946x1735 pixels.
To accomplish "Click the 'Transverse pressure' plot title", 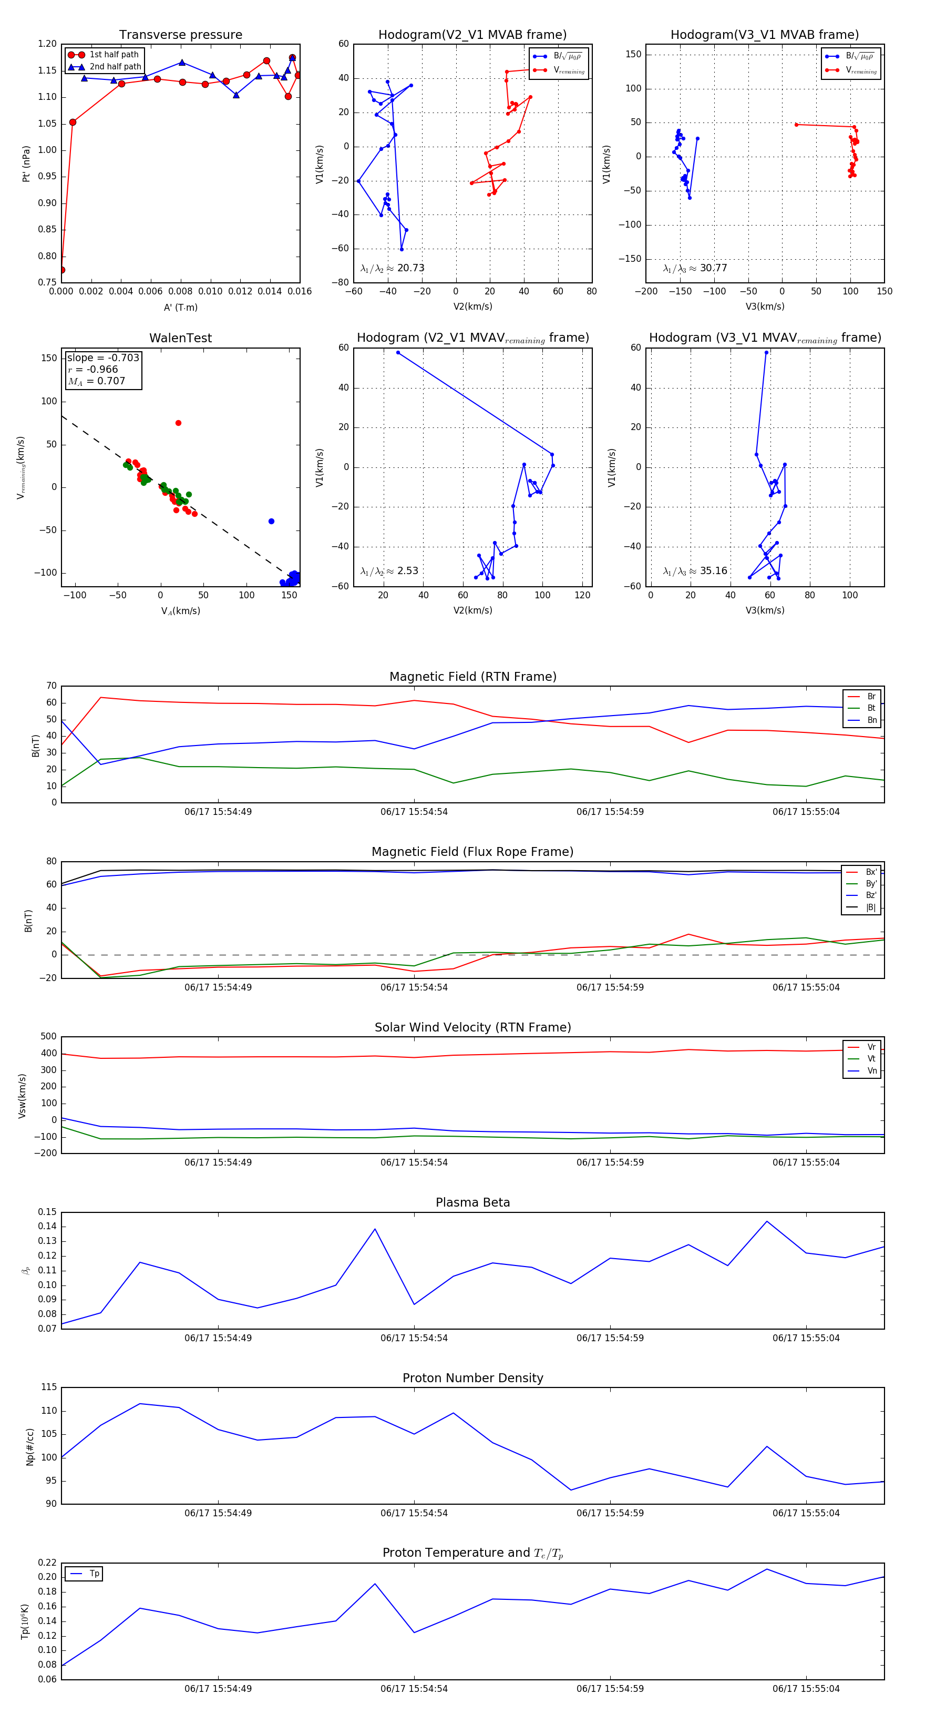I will click(180, 35).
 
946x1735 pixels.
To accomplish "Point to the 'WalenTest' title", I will click(180, 338).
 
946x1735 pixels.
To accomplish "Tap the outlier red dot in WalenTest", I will click(179, 423).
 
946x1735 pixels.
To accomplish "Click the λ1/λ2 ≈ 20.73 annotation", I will click(393, 268).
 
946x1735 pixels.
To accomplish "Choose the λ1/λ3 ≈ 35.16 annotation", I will click(695, 571).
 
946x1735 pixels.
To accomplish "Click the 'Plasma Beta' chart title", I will click(472, 1202).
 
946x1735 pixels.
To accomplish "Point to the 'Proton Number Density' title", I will click(472, 1377).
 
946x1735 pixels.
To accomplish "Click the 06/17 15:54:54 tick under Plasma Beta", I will click(414, 1338).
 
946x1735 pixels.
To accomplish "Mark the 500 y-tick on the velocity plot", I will click(48, 1037).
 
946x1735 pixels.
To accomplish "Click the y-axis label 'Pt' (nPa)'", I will click(26, 164).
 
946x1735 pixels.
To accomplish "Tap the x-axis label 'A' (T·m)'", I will click(180, 308).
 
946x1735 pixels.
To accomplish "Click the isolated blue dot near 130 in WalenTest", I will click(271, 522).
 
